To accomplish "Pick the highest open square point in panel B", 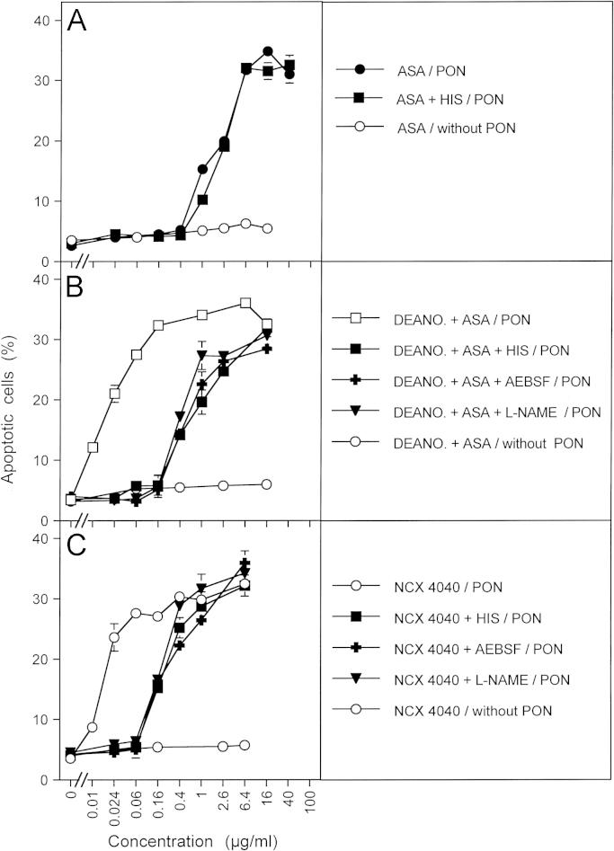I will point(245,304).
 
